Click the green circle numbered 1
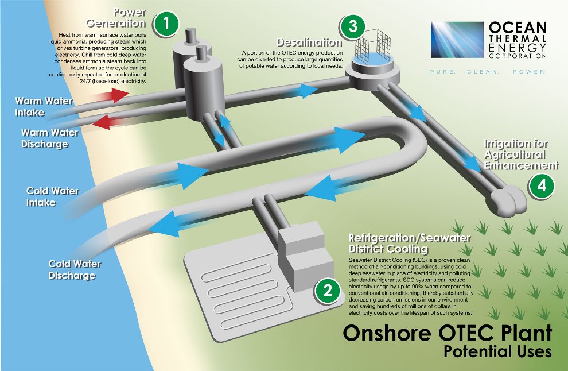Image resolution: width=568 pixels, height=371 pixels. [166, 24]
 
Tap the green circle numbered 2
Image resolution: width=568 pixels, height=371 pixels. [328, 291]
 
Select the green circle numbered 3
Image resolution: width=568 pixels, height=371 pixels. [353, 27]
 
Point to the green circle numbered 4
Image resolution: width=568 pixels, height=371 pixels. [542, 186]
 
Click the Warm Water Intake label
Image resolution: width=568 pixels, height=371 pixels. [44, 107]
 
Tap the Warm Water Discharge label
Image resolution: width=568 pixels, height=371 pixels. [49, 138]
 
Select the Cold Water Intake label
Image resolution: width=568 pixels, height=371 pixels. [53, 196]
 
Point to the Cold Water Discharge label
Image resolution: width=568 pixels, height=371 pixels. [75, 269]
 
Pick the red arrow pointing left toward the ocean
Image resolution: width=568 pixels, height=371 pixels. [108, 122]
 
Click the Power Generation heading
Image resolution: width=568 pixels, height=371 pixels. [116, 18]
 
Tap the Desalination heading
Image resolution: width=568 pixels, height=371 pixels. [309, 42]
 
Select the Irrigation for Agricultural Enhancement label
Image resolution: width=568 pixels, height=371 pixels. [522, 154]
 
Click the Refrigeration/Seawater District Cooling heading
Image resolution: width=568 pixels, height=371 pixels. [409, 244]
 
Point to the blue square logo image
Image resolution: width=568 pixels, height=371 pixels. [457, 40]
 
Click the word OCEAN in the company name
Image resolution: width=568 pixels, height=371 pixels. [518, 27]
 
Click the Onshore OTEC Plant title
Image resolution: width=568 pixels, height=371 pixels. [448, 333]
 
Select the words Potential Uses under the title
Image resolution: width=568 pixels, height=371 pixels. [498, 352]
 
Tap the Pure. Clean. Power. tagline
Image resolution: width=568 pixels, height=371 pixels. [488, 72]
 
